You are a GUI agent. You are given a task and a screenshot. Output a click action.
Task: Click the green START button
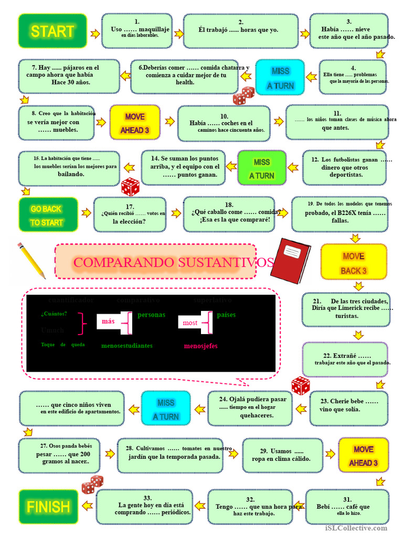click(52, 31)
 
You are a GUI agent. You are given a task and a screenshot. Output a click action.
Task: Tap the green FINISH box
click(48, 507)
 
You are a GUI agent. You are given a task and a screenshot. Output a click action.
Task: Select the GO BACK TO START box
click(48, 215)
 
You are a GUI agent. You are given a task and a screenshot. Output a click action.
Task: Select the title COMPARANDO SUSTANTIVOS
click(173, 262)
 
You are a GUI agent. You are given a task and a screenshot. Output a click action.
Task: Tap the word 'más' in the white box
click(108, 321)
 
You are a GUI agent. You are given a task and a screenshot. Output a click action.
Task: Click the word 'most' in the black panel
click(190, 323)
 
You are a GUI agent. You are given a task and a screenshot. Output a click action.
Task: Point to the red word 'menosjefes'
click(200, 346)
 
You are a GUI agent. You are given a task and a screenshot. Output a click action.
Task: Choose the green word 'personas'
click(151, 315)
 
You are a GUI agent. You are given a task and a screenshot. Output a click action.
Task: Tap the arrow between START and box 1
click(95, 34)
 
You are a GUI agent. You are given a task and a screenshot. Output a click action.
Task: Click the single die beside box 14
click(130, 187)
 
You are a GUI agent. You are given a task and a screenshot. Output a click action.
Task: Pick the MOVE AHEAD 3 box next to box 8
click(135, 123)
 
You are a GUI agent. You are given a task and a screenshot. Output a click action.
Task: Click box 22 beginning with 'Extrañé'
click(344, 359)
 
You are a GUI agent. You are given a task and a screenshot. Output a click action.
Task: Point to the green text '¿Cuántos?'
click(54, 314)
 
